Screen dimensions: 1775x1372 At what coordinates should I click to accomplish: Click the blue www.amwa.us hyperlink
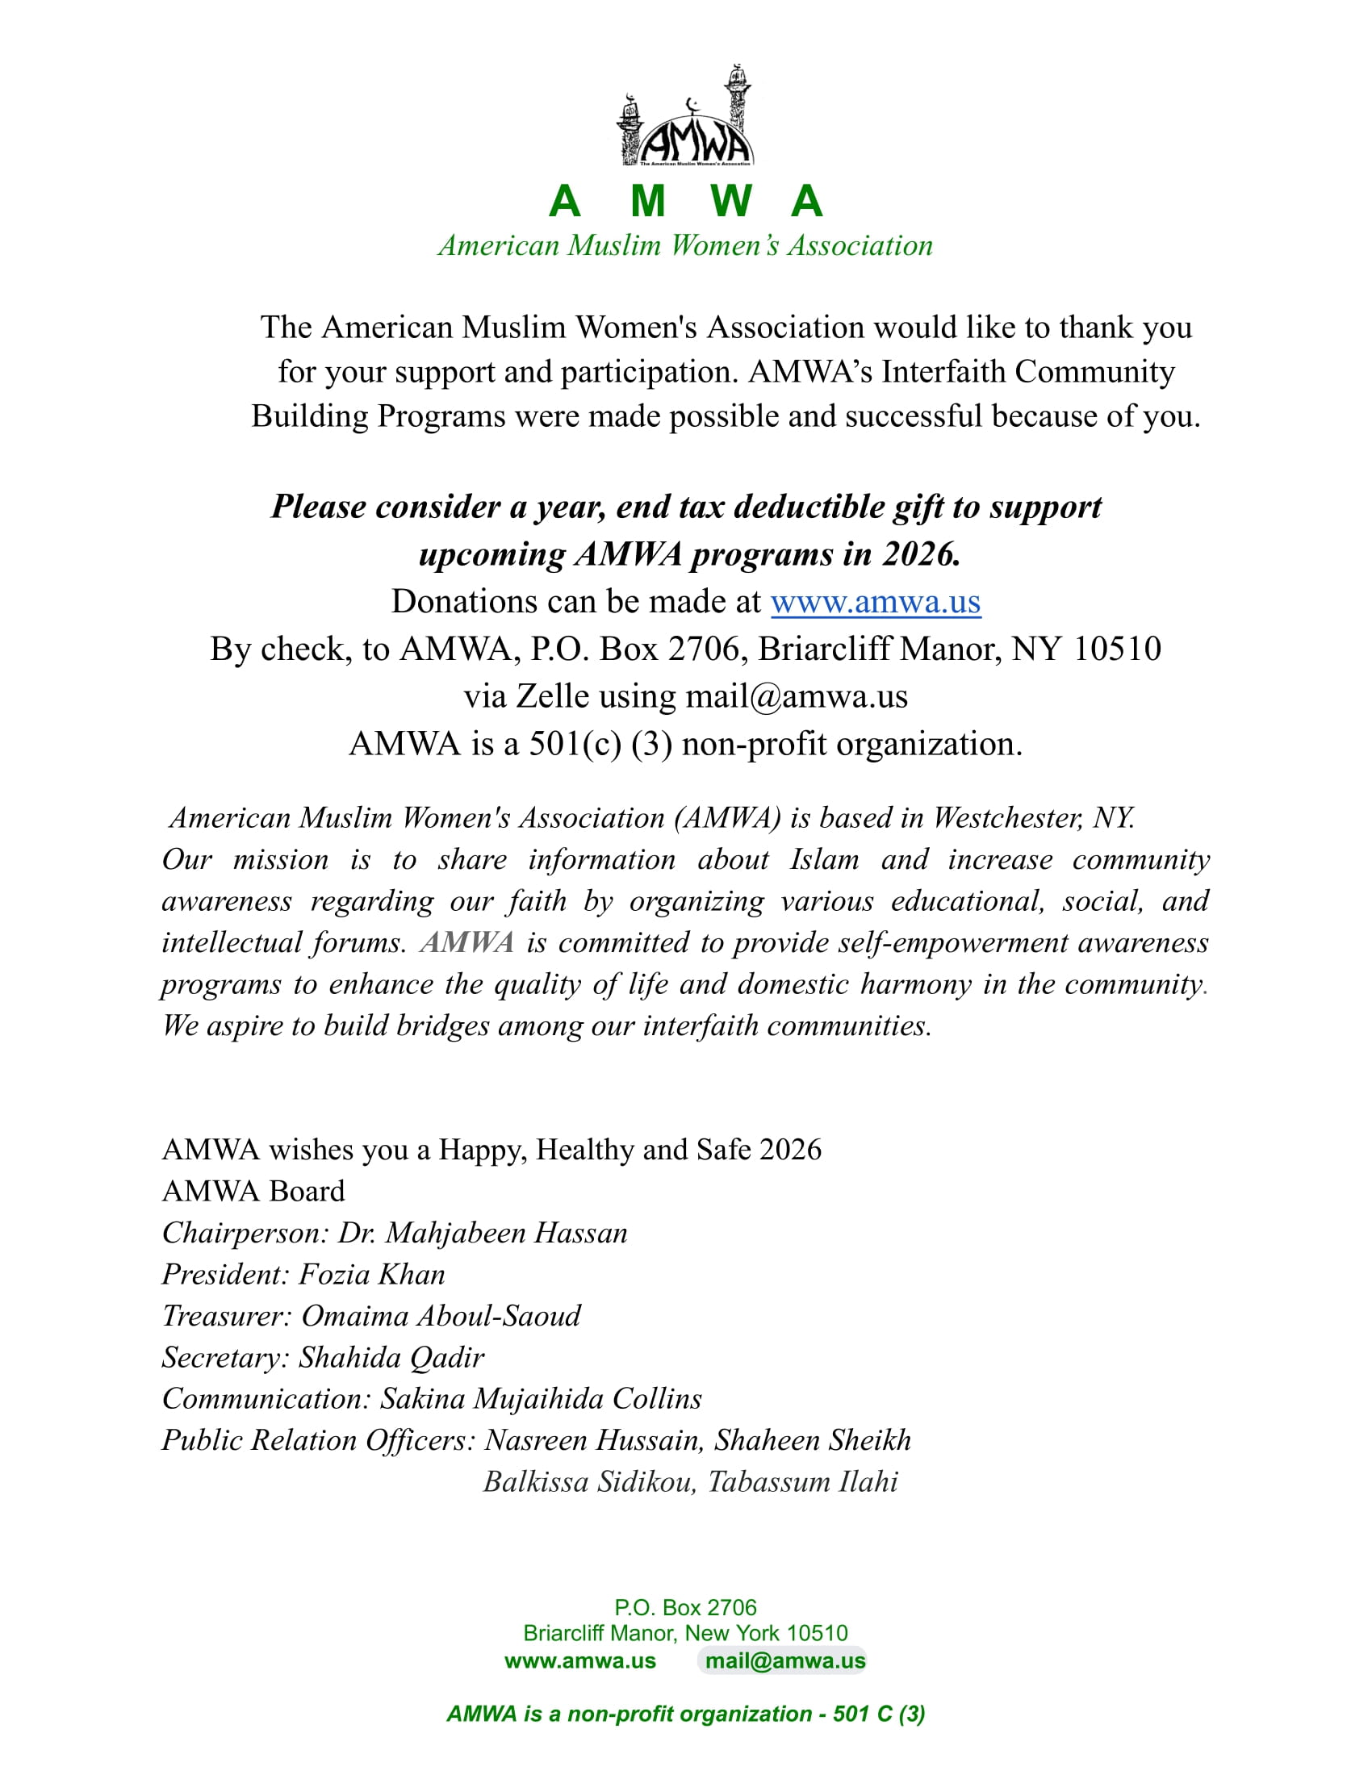tap(876, 602)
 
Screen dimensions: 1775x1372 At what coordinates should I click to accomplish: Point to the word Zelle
tap(553, 696)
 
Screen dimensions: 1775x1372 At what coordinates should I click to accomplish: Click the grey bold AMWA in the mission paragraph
tap(467, 942)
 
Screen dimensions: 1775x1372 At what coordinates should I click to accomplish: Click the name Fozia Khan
tap(372, 1274)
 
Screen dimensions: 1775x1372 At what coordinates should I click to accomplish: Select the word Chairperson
tap(243, 1233)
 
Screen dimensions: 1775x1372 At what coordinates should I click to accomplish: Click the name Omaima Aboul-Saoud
tap(441, 1316)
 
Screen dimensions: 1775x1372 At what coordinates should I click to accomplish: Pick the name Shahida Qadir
tap(391, 1357)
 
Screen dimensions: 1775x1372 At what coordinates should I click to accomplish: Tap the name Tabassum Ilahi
tap(802, 1481)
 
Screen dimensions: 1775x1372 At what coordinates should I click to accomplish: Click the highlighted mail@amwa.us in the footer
tap(785, 1660)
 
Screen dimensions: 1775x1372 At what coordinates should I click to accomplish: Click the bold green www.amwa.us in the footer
tap(579, 1660)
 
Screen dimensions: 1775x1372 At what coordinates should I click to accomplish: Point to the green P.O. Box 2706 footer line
tap(685, 1606)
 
